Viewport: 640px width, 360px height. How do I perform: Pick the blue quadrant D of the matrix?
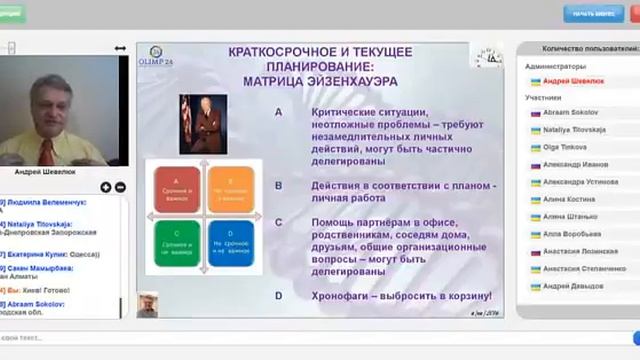click(231, 244)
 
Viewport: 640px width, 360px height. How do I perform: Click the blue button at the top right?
click(593, 13)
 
